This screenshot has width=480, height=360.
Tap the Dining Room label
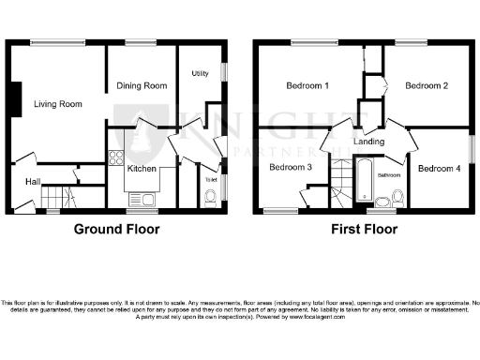[x=142, y=85]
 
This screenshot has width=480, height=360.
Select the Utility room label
[x=200, y=73]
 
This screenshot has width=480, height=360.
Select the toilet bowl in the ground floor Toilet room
[x=208, y=195]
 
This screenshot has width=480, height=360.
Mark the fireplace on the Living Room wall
[x=16, y=99]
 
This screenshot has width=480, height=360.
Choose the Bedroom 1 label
[x=307, y=86]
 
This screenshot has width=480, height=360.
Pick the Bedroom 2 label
[x=427, y=86]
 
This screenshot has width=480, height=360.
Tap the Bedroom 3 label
[x=290, y=168]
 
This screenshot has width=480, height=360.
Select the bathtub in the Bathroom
[x=363, y=180]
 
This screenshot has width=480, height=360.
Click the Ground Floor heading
[x=116, y=229]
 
